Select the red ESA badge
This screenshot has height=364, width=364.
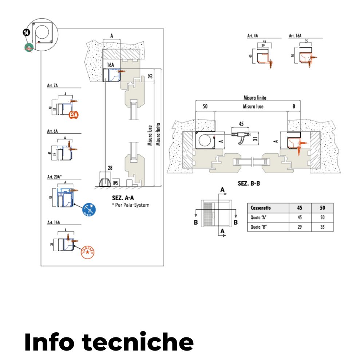[x=74, y=115]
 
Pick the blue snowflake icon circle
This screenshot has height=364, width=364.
[x=89, y=209]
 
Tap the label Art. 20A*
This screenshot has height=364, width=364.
[x=55, y=177]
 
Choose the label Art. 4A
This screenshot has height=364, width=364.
[x=253, y=36]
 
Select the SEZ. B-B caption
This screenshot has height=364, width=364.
[x=249, y=183]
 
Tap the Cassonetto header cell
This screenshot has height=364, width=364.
[x=261, y=208]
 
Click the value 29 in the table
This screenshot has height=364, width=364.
[x=300, y=227]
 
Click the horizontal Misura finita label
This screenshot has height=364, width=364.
[x=255, y=98]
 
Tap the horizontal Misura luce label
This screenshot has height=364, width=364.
[x=253, y=106]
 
